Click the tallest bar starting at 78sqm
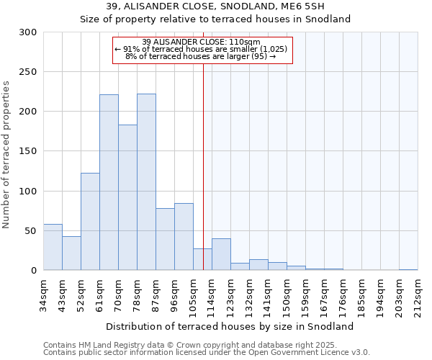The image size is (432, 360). pos(146,182)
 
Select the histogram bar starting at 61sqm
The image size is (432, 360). pos(109,182)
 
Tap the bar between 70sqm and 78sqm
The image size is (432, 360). pos(127,197)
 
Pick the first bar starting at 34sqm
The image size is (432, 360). pos(53,247)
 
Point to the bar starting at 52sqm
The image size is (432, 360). pos(90,222)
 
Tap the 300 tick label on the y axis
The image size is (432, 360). pos(28,32)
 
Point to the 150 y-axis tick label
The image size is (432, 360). pos(28,151)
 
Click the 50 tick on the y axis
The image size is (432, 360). pos(31,231)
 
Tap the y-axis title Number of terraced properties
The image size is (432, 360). pos(6,154)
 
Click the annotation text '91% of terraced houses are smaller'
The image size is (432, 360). pos(202,49)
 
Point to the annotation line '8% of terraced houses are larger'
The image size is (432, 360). pos(202,56)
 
